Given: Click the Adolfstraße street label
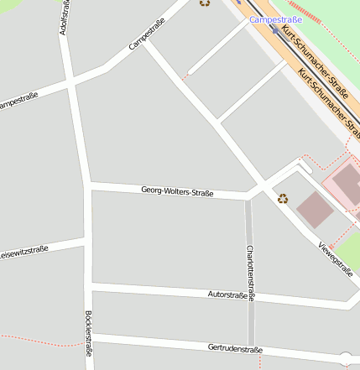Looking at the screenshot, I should (65, 18).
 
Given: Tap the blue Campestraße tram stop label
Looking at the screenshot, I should (276, 18).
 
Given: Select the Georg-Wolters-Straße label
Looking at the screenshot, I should (177, 192).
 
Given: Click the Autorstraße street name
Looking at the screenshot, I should (227, 295).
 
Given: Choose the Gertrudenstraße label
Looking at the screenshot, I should (235, 348).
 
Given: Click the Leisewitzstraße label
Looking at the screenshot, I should (23, 251).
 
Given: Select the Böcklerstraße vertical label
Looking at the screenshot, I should (89, 335).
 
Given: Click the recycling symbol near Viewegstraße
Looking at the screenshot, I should (283, 199).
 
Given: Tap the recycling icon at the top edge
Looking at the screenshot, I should (205, 3).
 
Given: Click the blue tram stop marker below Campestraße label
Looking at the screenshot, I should (275, 30).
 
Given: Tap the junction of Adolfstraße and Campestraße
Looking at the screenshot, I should (70, 81).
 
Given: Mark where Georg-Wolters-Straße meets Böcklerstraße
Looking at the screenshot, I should (87, 185).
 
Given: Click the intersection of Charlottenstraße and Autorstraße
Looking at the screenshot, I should (250, 298).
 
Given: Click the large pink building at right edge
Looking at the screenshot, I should (347, 184).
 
